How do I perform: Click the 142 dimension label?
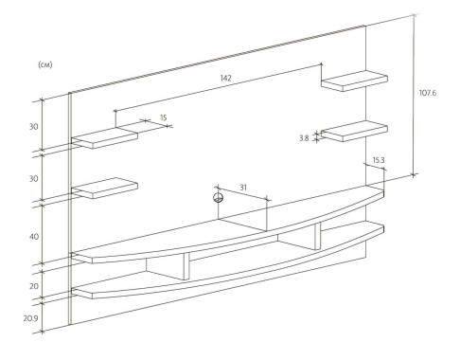pyautogui.click(x=226, y=78)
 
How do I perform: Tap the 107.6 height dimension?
pyautogui.click(x=428, y=93)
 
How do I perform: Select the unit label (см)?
pyautogui.click(x=45, y=64)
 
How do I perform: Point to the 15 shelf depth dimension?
pyautogui.click(x=163, y=117)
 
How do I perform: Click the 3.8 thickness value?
pyautogui.click(x=304, y=138)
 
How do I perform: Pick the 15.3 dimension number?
pyautogui.click(x=379, y=160)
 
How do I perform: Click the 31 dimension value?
pyautogui.click(x=243, y=188)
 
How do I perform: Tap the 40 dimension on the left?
pyautogui.click(x=34, y=237)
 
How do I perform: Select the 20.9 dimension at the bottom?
pyautogui.click(x=30, y=318)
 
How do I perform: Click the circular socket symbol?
pyautogui.click(x=218, y=198)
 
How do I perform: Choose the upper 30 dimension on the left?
pyautogui.click(x=34, y=127)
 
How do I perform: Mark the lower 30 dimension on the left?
pyautogui.click(x=34, y=179)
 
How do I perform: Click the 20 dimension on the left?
pyautogui.click(x=34, y=286)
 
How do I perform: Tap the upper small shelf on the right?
pyautogui.click(x=354, y=81)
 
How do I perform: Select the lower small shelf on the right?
pyautogui.click(x=354, y=131)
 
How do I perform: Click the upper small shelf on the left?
pyautogui.click(x=104, y=138)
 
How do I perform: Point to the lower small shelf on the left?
pyautogui.click(x=104, y=188)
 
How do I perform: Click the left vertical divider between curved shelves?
pyautogui.click(x=186, y=266)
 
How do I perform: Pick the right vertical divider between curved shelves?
pyautogui.click(x=318, y=236)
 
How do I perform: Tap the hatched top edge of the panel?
pyautogui.click(x=217, y=59)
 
